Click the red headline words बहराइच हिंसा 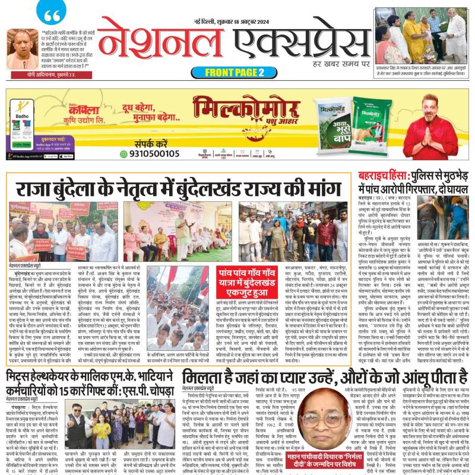pyautogui.click(x=383, y=176)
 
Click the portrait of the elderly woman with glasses pyautogui.click(x=321, y=417)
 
